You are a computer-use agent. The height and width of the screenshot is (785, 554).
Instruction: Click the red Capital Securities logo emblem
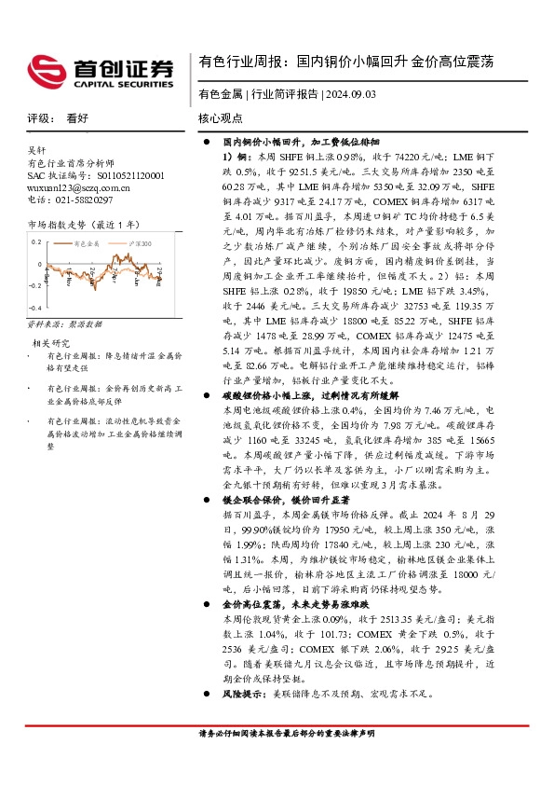47,69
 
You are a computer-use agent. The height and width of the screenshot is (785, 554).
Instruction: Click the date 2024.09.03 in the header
349,94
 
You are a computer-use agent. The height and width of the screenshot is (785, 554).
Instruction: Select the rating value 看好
77,119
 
